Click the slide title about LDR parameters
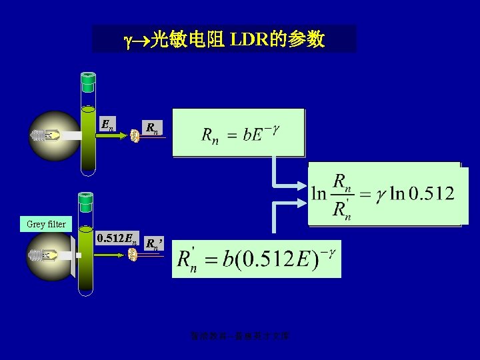(224, 39)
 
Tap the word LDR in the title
(251, 40)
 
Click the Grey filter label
(46, 224)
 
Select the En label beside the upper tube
(107, 123)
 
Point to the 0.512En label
(117, 238)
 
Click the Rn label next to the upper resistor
(152, 127)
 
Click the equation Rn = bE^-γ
(239, 133)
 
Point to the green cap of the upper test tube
(87, 83)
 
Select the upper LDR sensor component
(134, 135)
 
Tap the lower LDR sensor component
(133, 255)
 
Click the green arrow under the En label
(113, 135)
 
